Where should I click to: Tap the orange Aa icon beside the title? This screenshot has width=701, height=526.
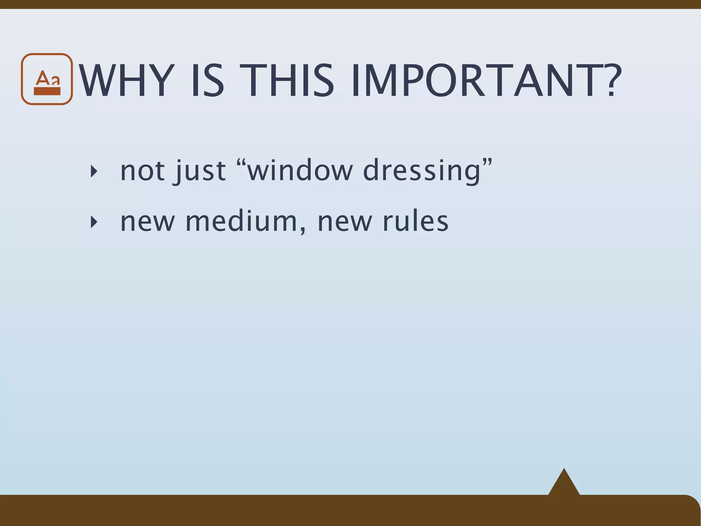pos(47,79)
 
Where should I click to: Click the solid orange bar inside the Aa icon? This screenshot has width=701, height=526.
pos(47,91)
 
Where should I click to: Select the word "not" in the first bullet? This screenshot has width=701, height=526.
pos(142,171)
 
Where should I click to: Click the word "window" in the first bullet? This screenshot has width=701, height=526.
pos(300,171)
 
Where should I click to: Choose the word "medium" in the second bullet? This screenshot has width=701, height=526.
pos(241,222)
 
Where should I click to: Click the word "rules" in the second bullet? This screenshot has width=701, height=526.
pos(415,222)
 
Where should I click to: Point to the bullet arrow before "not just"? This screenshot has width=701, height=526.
pos(94,171)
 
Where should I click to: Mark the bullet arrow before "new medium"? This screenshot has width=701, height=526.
pos(94,222)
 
